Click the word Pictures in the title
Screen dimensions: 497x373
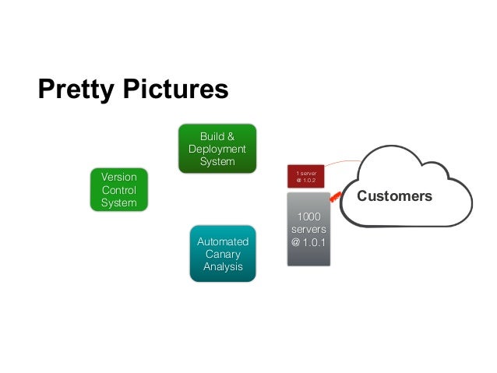(x=173, y=90)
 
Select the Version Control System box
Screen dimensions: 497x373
(x=118, y=190)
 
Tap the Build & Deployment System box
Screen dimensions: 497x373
(x=217, y=148)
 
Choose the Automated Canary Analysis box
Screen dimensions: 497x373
(x=223, y=254)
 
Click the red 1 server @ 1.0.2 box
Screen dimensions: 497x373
(x=305, y=177)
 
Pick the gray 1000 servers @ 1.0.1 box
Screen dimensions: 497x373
(x=308, y=229)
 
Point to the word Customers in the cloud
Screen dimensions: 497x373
(x=394, y=196)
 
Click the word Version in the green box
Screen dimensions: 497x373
(x=118, y=178)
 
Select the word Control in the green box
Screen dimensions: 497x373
(x=118, y=190)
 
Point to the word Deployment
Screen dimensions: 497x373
(x=217, y=149)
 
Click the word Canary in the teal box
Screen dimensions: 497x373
(x=223, y=254)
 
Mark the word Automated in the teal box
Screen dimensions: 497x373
(x=223, y=241)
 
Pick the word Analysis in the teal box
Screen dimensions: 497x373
(x=223, y=266)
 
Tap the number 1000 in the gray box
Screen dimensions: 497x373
(x=308, y=216)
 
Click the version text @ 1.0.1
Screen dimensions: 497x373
(x=308, y=242)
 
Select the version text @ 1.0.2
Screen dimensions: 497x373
(x=305, y=181)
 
